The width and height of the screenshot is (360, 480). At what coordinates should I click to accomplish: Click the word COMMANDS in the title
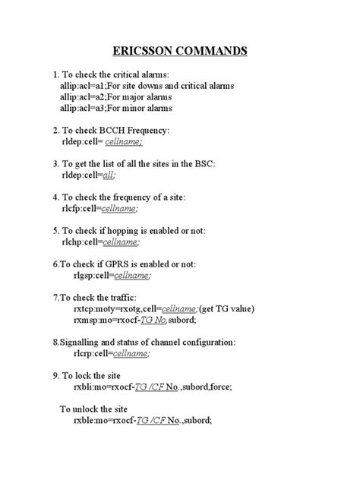[x=216, y=52]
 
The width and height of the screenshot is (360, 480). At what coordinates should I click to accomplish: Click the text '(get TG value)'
[x=227, y=308]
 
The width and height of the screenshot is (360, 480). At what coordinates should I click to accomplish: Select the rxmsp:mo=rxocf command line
[x=142, y=320]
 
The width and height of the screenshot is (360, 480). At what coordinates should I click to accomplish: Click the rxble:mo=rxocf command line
[x=143, y=420]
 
